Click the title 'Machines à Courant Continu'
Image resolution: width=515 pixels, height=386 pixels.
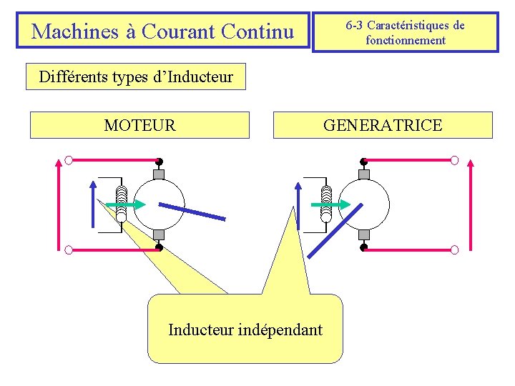click(163, 31)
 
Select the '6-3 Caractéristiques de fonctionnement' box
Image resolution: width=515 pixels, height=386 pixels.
click(405, 32)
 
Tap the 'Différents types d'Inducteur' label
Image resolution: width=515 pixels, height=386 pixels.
click(136, 77)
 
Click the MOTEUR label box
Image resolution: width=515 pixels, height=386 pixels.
click(139, 125)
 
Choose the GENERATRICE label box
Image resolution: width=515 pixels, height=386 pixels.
click(383, 125)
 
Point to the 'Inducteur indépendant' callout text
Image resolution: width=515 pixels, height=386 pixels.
click(245, 330)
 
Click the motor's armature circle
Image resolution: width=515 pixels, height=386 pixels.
click(160, 204)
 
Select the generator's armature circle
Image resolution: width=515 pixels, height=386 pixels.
click(365, 204)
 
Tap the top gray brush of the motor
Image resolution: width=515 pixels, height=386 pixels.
click(159, 174)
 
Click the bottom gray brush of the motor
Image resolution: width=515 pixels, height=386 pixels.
click(159, 234)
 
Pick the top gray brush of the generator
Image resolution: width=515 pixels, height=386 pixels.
click(363, 174)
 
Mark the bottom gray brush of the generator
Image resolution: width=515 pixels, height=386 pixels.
click(363, 234)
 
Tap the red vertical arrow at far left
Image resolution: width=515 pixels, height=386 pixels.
click(59, 204)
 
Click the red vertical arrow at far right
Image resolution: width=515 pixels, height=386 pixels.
click(471, 204)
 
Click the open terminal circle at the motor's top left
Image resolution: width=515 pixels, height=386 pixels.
click(68, 159)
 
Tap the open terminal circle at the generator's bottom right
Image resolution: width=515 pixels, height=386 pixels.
click(455, 249)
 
